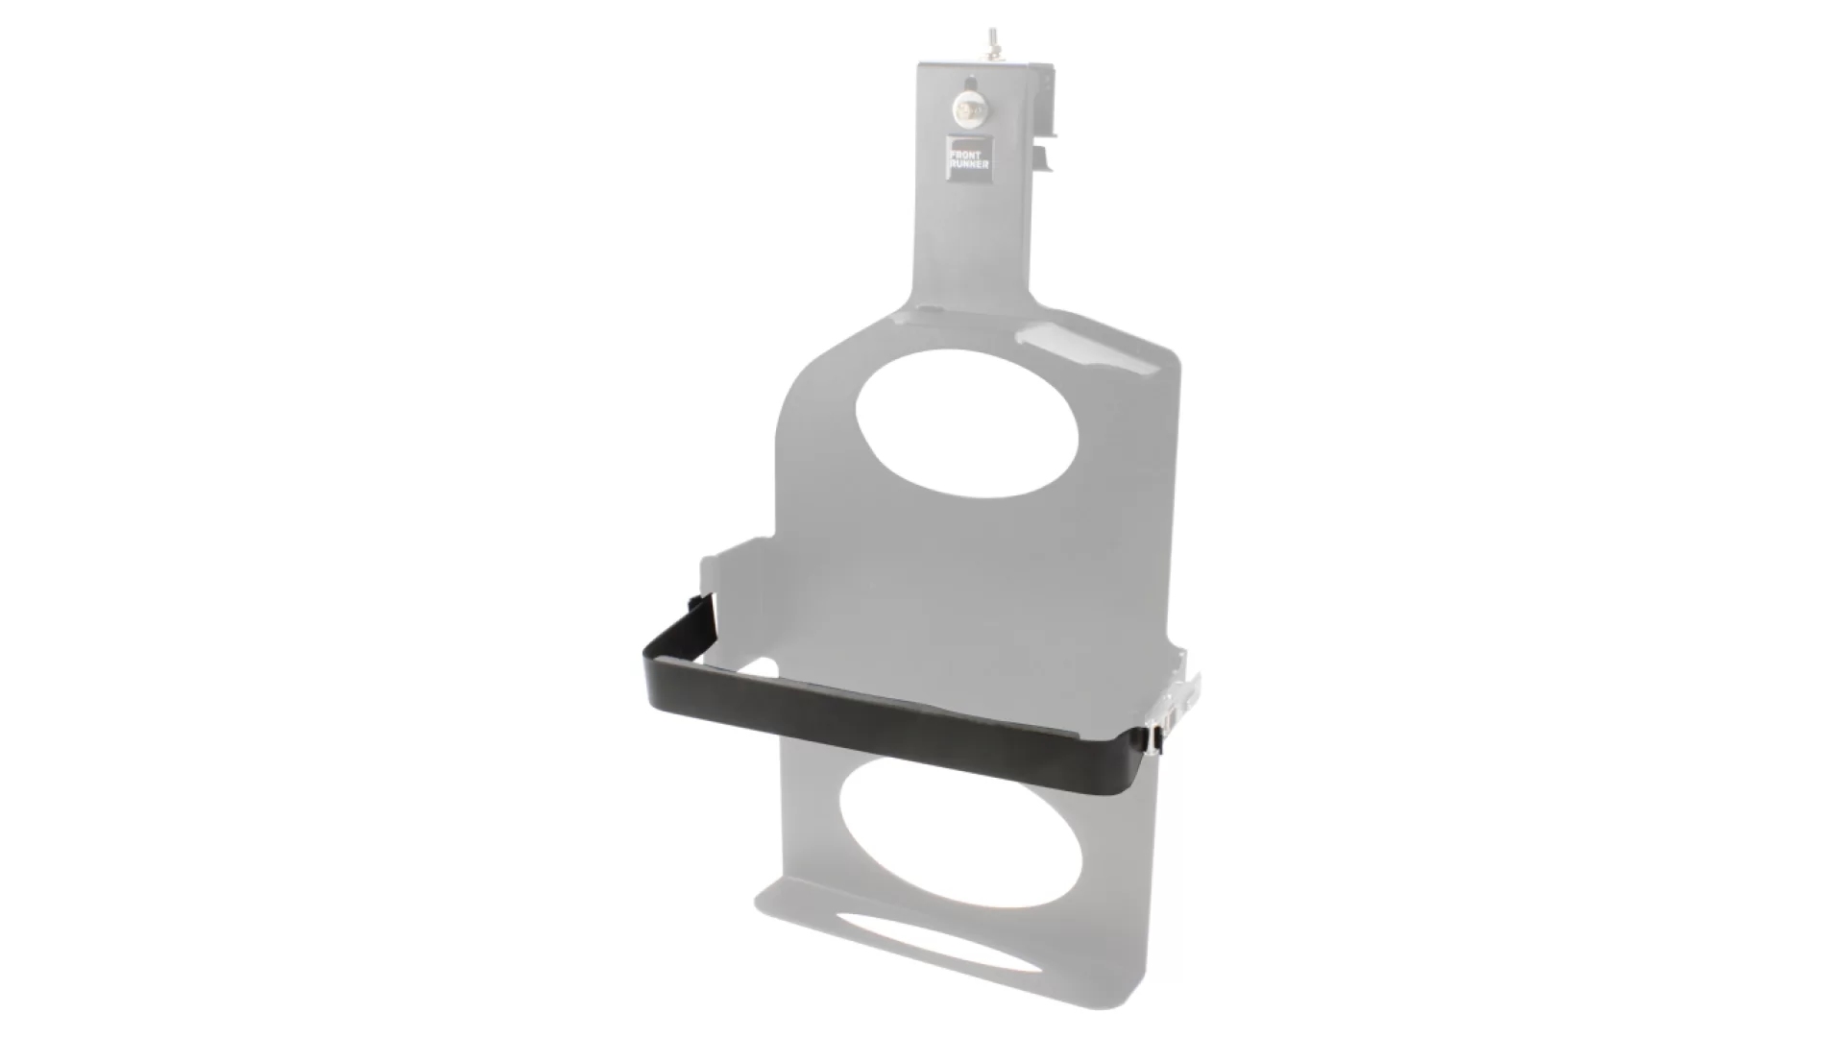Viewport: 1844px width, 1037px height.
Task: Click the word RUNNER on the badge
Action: coord(968,164)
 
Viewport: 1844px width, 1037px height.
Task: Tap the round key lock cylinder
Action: coord(968,112)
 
